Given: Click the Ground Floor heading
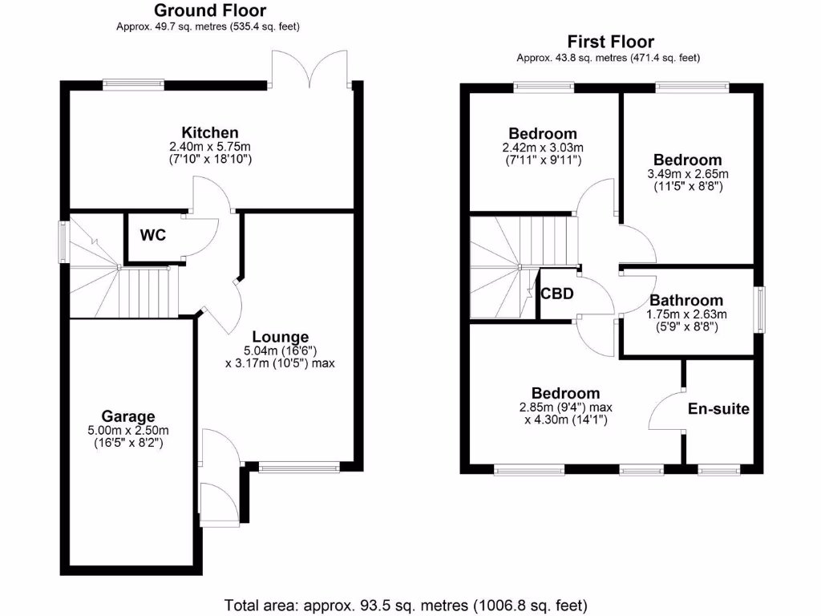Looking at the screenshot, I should [210, 10].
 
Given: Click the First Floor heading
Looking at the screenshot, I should [610, 42].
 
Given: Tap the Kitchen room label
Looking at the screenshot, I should [210, 132].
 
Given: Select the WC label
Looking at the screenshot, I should [152, 236].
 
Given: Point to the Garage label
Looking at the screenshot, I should [128, 416].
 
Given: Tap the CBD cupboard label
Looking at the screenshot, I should [557, 294].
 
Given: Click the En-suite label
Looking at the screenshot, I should [718, 409].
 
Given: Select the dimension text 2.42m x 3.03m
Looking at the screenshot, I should [544, 148].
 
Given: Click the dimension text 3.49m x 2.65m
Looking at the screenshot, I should [687, 174].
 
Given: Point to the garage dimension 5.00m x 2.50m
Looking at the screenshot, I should [128, 430].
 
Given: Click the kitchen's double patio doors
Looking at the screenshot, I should [310, 68].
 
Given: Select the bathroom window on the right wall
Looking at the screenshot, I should [761, 308].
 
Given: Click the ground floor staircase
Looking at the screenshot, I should [120, 281].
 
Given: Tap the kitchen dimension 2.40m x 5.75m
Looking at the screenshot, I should [210, 148].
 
